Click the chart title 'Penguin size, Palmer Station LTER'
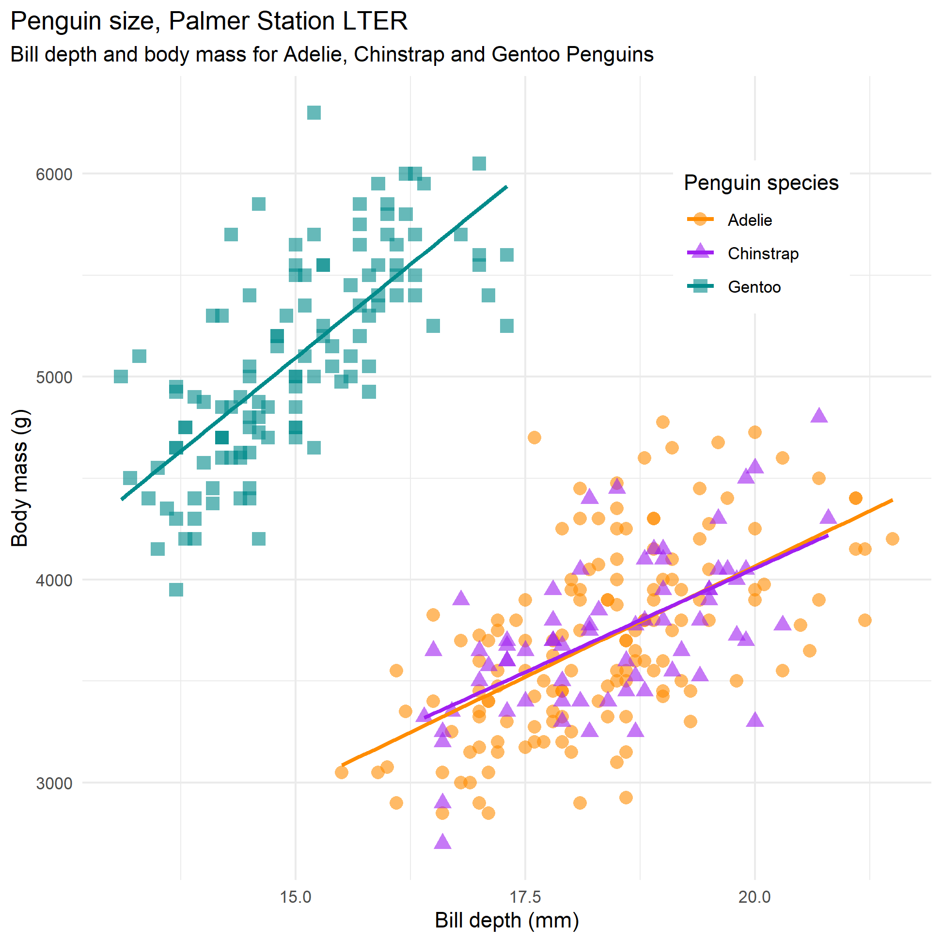pyautogui.click(x=209, y=21)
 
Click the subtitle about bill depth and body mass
pyautogui.click(x=331, y=55)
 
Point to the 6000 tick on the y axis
pyautogui.click(x=54, y=174)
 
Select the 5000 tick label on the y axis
pyautogui.click(x=54, y=377)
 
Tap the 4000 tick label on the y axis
pyautogui.click(x=54, y=580)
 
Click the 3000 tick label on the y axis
pyautogui.click(x=54, y=784)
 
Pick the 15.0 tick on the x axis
pyautogui.click(x=296, y=897)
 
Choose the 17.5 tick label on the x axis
pyautogui.click(x=525, y=897)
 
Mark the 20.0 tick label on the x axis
pyautogui.click(x=755, y=897)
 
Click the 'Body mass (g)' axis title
pyautogui.click(x=20, y=478)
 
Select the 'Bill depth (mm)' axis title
pyautogui.click(x=506, y=921)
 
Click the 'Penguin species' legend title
pyautogui.click(x=761, y=183)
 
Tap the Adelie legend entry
pyautogui.click(x=750, y=220)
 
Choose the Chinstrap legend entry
pyautogui.click(x=763, y=253)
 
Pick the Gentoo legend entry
pyautogui.click(x=754, y=287)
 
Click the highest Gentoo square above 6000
pyautogui.click(x=314, y=112)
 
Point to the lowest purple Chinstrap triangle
pyautogui.click(x=442, y=841)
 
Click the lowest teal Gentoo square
pyautogui.click(x=176, y=590)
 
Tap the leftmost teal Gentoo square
pyautogui.click(x=121, y=377)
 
